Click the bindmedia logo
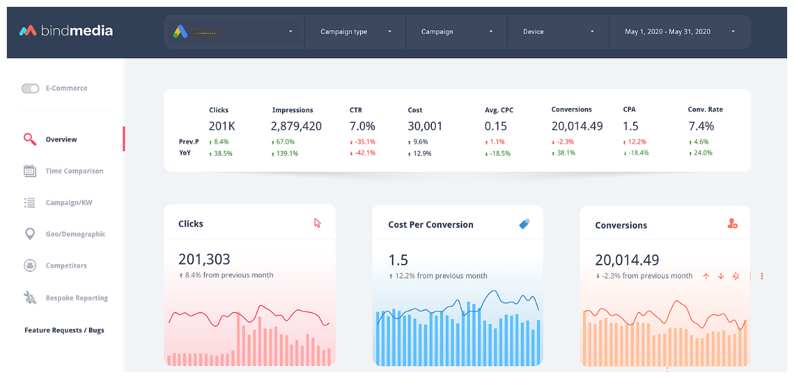tap(66, 31)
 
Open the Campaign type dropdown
tap(356, 31)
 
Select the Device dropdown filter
tap(559, 31)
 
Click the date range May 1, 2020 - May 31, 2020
tap(680, 31)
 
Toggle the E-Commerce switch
tap(30, 88)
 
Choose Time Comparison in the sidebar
tap(74, 171)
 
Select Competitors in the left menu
tap(66, 265)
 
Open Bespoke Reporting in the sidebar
tap(77, 298)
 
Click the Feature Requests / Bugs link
tap(64, 330)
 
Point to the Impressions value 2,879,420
tap(296, 126)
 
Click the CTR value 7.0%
tap(362, 126)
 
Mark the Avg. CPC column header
tap(499, 109)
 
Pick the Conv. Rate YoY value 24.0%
tap(702, 153)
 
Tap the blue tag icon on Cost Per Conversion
tap(524, 224)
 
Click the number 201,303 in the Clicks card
tap(204, 259)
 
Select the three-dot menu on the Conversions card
tap(762, 276)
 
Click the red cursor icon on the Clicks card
tap(317, 223)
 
